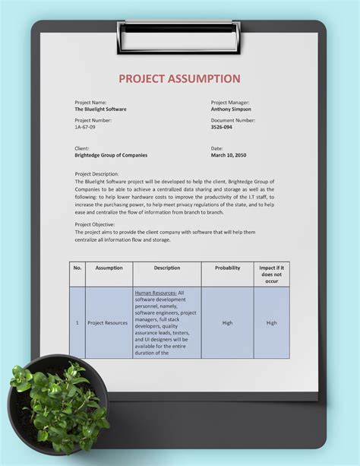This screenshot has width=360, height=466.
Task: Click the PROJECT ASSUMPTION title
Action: pos(179,78)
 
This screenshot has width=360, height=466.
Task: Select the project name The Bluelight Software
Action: pos(100,109)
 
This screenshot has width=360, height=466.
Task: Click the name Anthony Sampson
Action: pos(232,109)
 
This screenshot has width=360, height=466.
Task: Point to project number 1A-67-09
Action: pos(85,127)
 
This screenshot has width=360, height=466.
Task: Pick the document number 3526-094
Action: pos(222,127)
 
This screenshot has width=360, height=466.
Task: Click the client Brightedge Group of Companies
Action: pos(111,155)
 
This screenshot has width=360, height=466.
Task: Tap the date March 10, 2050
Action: pos(228,155)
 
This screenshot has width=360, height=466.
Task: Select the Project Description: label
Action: pos(96,173)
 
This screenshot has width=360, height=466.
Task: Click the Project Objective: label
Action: pos(94,224)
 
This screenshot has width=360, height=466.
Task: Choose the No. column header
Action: pos(77,268)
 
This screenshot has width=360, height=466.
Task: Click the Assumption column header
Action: pos(109,268)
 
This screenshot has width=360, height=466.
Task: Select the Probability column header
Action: pos(227,268)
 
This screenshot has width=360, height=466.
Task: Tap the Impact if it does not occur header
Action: pos(271,274)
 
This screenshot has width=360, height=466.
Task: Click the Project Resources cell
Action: pos(107,323)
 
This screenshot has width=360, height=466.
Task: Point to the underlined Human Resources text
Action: pos(156,292)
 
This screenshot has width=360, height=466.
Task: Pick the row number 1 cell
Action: pos(77,323)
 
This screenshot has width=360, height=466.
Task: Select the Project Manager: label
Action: pos(230,102)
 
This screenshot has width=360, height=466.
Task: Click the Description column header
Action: pos(166,268)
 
